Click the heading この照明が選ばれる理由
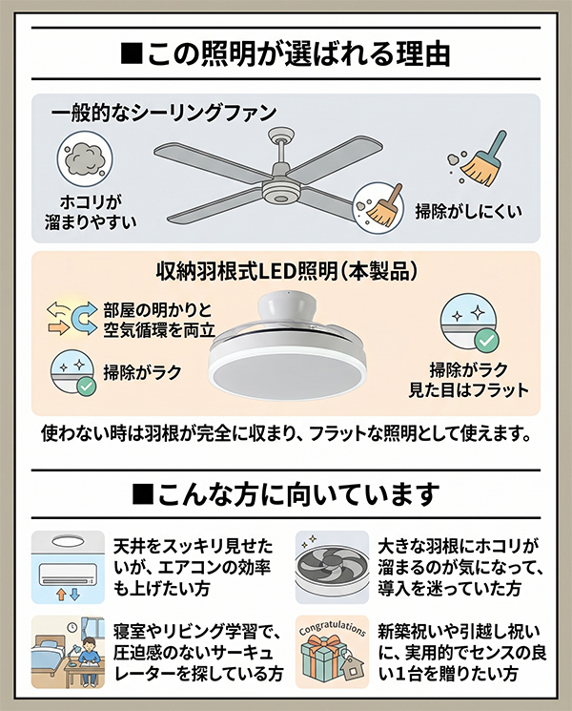pyautogui.click(x=286, y=54)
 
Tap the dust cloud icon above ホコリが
pyautogui.click(x=85, y=159)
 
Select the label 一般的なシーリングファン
pyautogui.click(x=163, y=113)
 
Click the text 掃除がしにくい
pyautogui.click(x=469, y=211)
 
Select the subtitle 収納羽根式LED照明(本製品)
pyautogui.click(x=286, y=271)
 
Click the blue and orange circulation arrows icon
pyautogui.click(x=71, y=318)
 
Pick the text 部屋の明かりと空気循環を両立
pyautogui.click(x=159, y=321)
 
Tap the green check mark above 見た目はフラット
pyautogui.click(x=486, y=341)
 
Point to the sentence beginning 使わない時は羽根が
pyautogui.click(x=286, y=434)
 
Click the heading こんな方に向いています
pyautogui.click(x=286, y=494)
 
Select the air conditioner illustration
pyautogui.click(x=68, y=574)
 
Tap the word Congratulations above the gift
pyautogui.click(x=333, y=629)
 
